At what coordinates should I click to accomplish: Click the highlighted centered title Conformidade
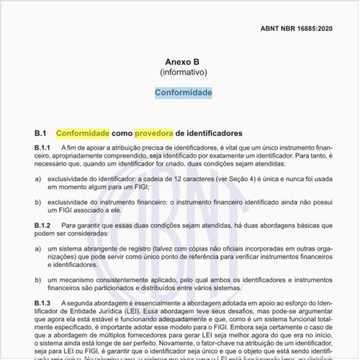tap(183, 93)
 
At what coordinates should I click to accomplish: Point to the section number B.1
tap(40, 134)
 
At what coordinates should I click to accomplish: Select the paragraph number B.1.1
tap(45, 148)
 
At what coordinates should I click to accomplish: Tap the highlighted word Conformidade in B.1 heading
tap(83, 134)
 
